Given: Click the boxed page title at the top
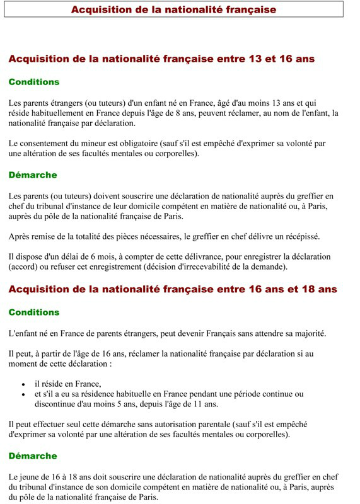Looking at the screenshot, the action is point(173,9).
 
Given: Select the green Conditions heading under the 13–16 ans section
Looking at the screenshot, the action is point(34,82).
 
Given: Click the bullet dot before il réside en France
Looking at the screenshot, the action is point(23,384).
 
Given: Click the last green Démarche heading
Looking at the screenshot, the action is point(33,455).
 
